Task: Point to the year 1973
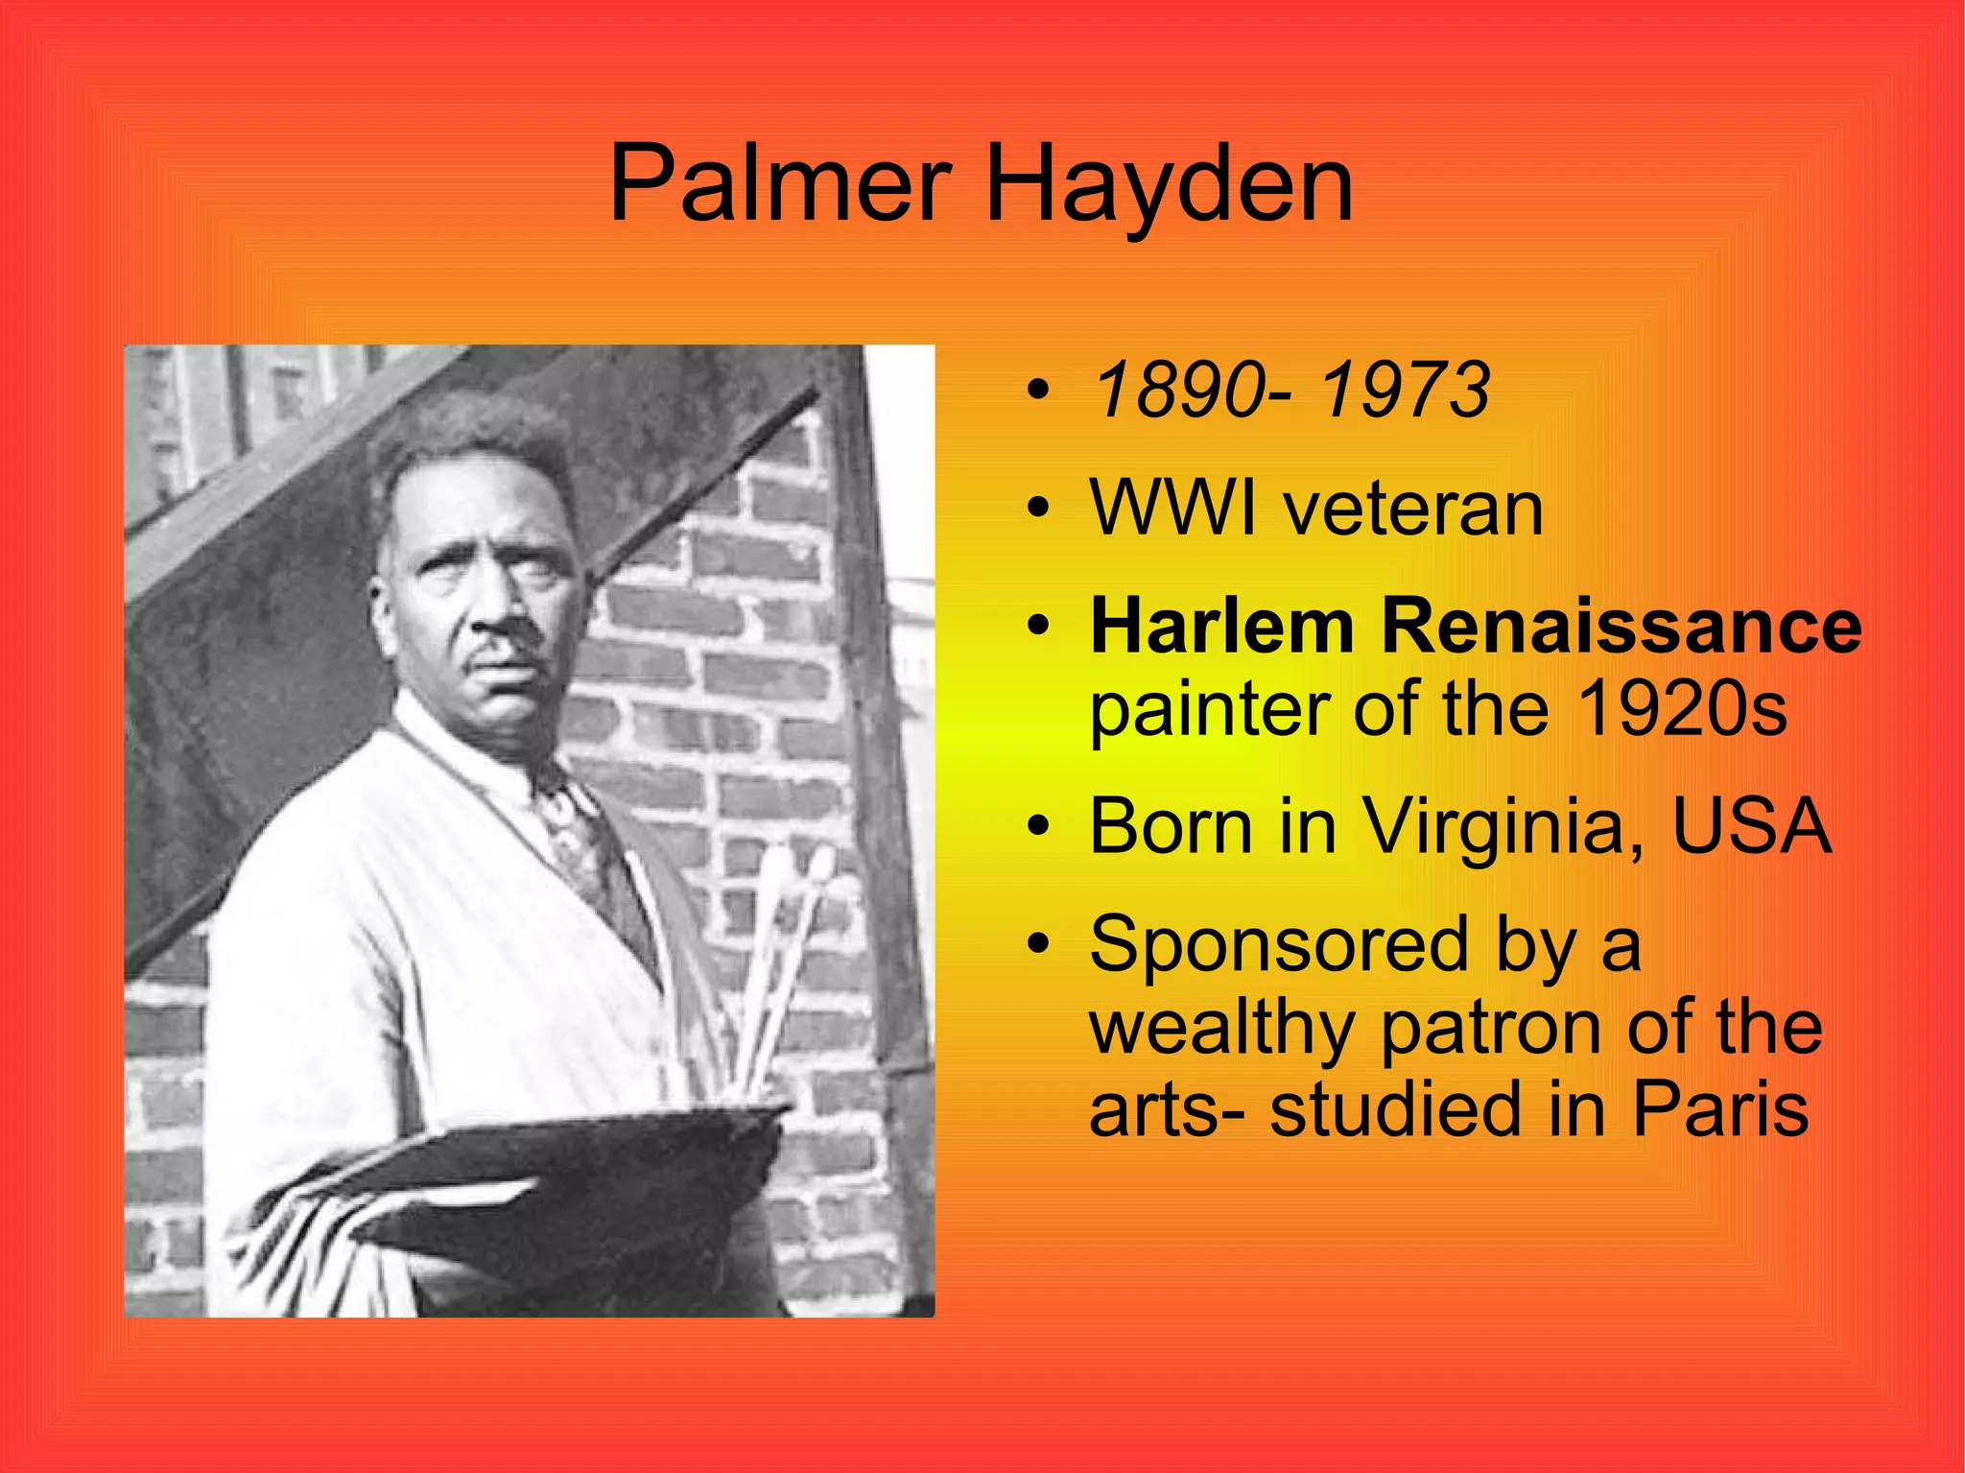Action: [1405, 391]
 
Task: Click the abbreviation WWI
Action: [1172, 509]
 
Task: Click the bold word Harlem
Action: [1222, 627]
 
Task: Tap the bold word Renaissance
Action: [1621, 627]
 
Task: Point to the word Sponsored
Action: [1279, 944]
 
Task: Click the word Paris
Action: [1720, 1109]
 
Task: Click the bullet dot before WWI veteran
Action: [1036, 509]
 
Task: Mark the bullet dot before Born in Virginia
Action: [1036, 826]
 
